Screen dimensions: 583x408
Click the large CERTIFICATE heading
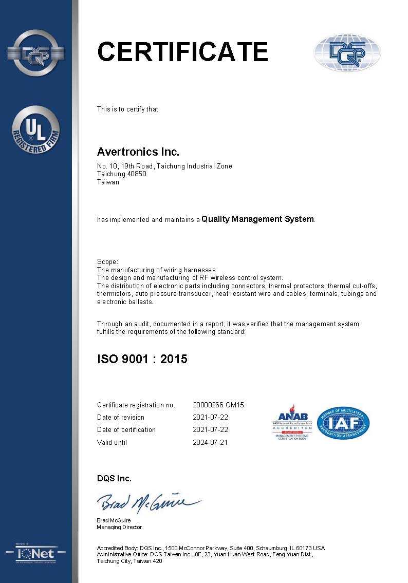182,52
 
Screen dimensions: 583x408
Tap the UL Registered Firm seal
35,130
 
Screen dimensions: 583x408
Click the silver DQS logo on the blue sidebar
35,53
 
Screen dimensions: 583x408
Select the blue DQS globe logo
347,53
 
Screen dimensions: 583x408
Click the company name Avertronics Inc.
138,152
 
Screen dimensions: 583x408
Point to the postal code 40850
136,174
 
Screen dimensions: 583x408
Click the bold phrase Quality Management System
257,219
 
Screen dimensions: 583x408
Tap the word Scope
107,262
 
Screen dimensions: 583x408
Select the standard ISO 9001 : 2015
142,359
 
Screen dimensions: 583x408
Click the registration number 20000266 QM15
218,405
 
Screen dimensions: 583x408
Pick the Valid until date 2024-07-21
210,442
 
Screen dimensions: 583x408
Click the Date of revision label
120,417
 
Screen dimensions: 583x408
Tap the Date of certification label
126,429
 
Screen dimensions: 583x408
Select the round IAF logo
344,423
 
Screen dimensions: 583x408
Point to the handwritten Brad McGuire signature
149,501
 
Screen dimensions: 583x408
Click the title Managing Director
119,527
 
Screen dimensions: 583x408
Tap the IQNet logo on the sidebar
35,553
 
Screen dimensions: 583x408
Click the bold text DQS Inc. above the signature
114,478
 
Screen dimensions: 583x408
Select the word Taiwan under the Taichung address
108,182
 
